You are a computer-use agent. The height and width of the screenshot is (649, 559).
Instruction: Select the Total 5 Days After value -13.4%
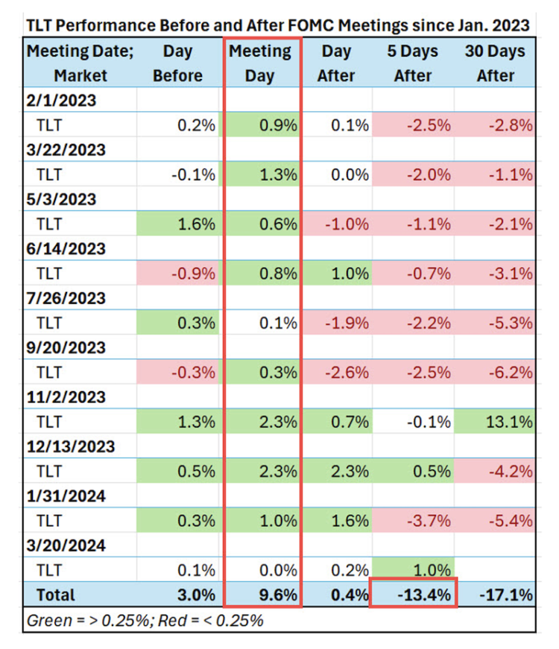click(413, 595)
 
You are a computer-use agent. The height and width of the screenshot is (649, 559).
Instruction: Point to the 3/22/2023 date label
click(65, 150)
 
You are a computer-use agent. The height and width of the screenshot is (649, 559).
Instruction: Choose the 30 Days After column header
click(495, 63)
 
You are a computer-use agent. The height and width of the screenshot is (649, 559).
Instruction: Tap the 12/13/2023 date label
click(70, 446)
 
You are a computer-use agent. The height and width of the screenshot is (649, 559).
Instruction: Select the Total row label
click(51, 595)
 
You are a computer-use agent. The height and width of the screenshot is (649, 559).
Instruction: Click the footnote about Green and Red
click(145, 620)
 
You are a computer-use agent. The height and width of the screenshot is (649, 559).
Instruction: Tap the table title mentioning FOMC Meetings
click(277, 25)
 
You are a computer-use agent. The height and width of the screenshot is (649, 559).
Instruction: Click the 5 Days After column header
click(413, 63)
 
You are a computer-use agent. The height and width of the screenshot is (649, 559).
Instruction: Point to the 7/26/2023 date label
click(65, 298)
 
